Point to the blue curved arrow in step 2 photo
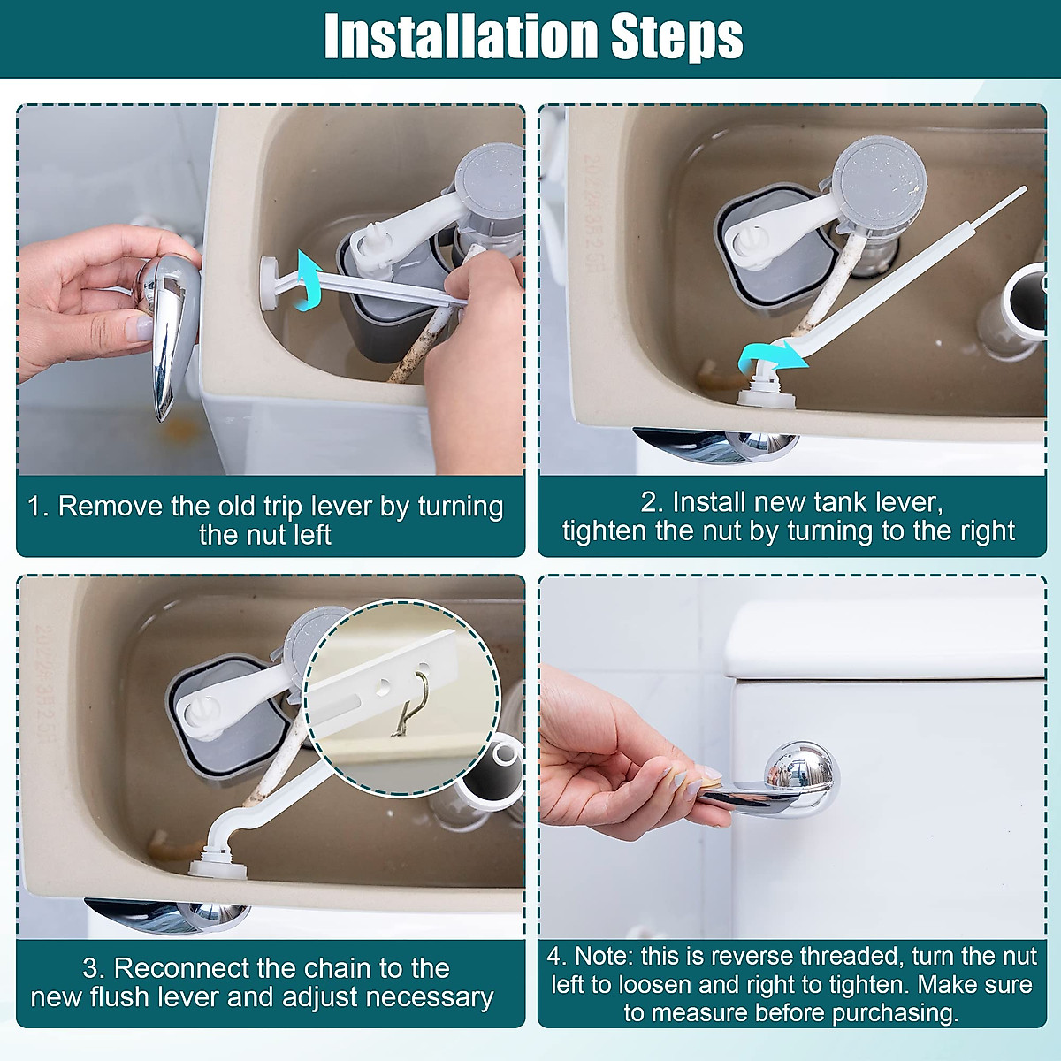[771, 358]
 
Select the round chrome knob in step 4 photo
[802, 773]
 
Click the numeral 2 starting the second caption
[646, 502]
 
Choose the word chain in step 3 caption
[336, 968]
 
